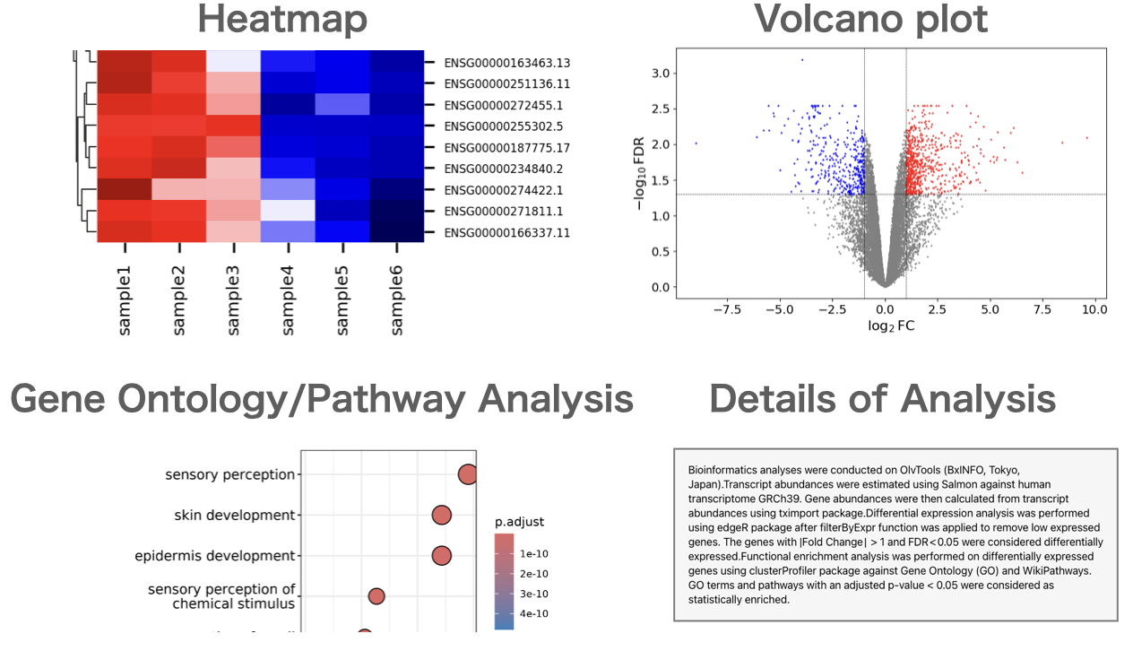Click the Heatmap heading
[x=281, y=20]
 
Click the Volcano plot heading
[x=870, y=20]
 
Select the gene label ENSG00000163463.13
[x=506, y=63]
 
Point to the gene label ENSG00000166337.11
[x=506, y=233]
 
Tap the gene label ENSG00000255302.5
[x=503, y=126]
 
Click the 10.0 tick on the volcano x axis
[x=1094, y=309]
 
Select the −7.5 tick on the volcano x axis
[x=727, y=309]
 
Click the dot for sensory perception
[x=467, y=474]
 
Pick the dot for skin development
[x=441, y=515]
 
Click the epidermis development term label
[x=214, y=556]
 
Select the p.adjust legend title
[x=519, y=522]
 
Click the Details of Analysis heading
[x=882, y=399]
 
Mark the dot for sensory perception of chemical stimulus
[x=376, y=596]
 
